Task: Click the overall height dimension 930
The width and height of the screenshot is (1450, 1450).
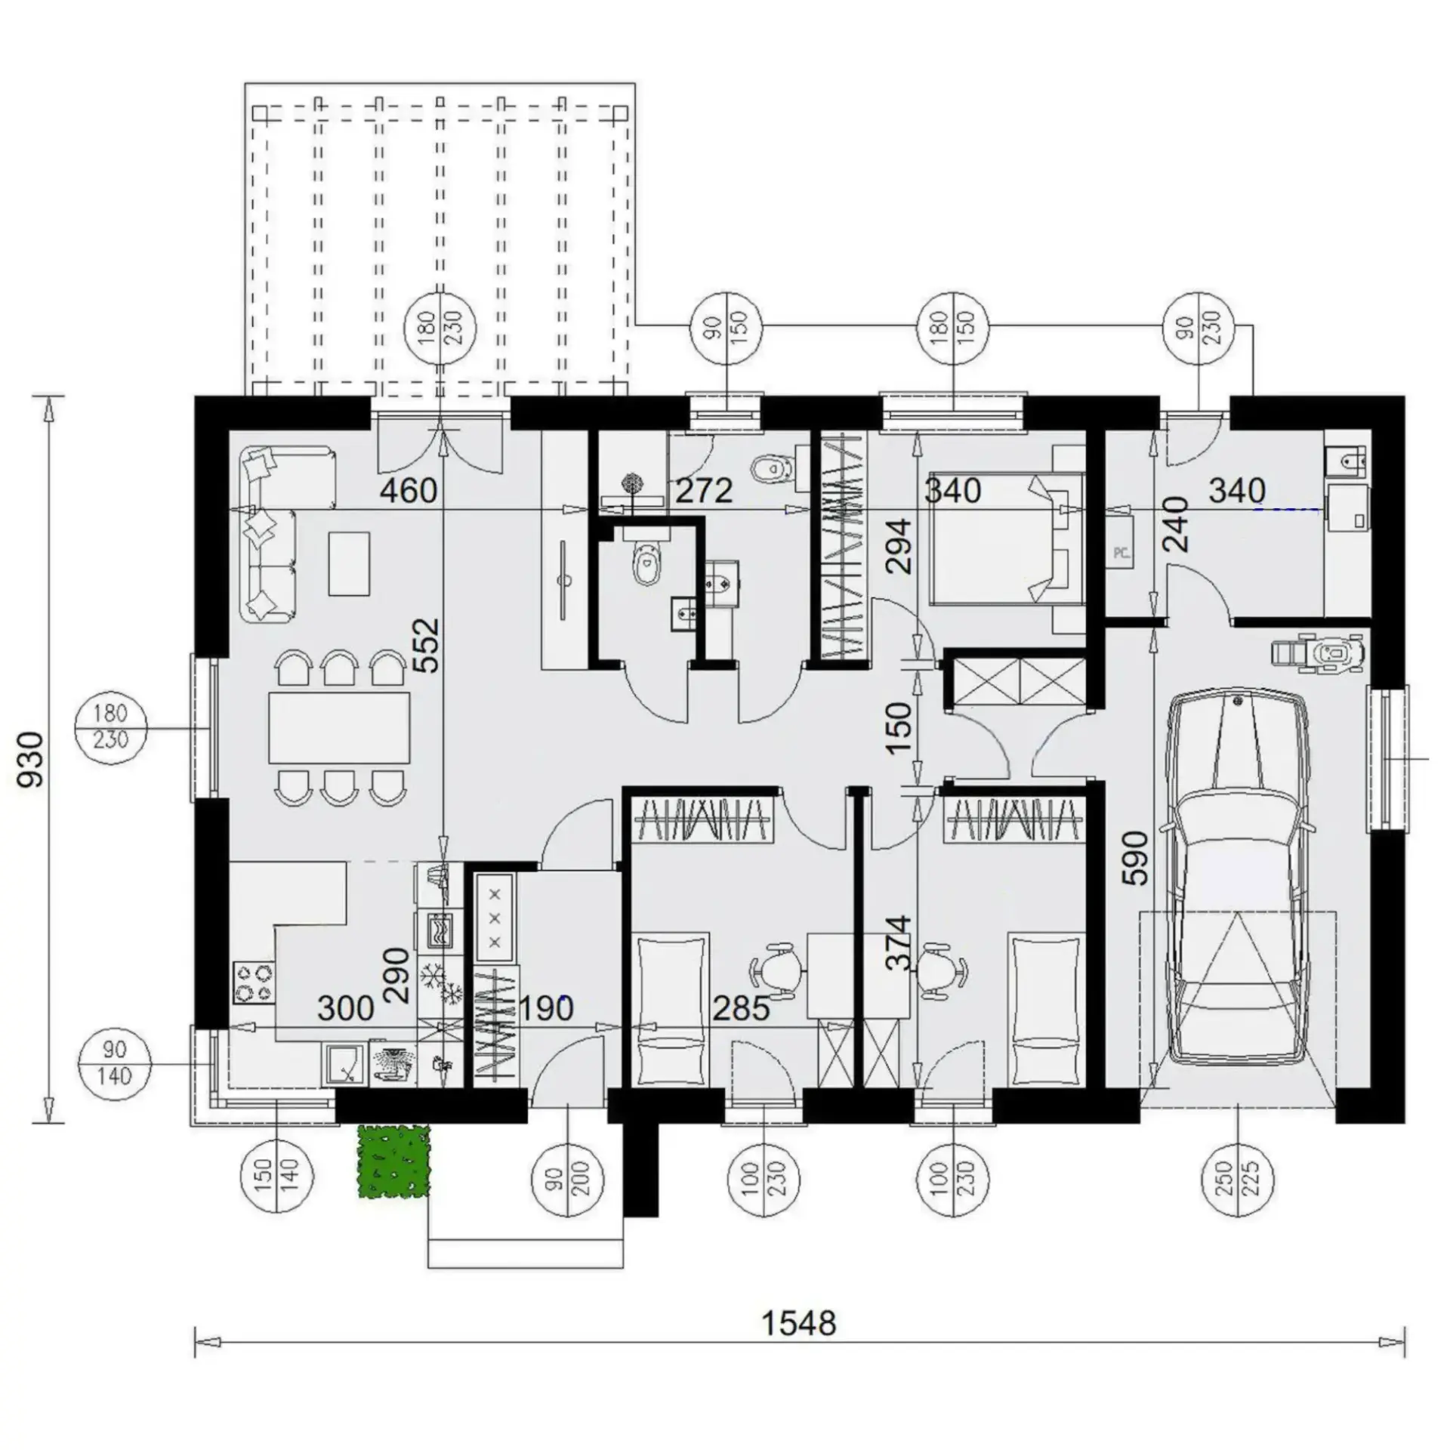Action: (32, 759)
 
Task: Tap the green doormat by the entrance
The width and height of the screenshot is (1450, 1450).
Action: (393, 1161)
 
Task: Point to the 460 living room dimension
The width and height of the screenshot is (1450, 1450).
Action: (409, 491)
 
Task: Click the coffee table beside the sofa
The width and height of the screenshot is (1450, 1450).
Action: (350, 563)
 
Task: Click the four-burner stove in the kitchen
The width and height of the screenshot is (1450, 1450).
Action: (254, 983)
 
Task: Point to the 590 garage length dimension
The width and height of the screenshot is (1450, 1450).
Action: (1137, 857)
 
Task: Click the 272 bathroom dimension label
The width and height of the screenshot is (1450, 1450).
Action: (704, 492)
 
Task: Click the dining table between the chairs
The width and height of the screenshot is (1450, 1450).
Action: (339, 727)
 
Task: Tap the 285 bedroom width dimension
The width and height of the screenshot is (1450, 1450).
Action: (741, 1008)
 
